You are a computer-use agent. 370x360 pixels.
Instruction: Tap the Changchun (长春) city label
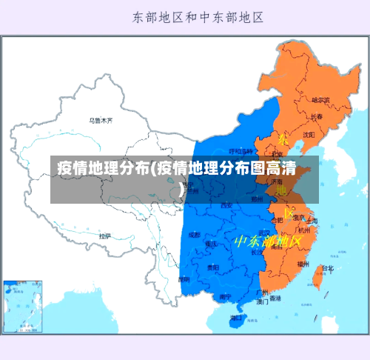click(317, 116)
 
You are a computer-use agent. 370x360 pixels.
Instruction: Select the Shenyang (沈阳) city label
click(309, 134)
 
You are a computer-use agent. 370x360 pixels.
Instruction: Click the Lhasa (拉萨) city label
click(104, 236)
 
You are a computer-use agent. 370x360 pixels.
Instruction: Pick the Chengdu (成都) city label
click(195, 234)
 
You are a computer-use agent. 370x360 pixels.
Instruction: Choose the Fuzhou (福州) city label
click(303, 264)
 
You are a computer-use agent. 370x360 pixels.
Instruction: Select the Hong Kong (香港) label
click(275, 298)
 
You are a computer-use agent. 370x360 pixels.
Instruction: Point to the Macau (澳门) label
click(263, 301)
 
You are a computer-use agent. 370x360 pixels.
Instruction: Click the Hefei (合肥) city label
click(277, 220)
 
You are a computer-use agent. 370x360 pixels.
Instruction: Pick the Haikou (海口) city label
click(237, 317)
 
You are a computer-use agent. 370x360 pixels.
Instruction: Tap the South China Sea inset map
click(23, 304)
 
